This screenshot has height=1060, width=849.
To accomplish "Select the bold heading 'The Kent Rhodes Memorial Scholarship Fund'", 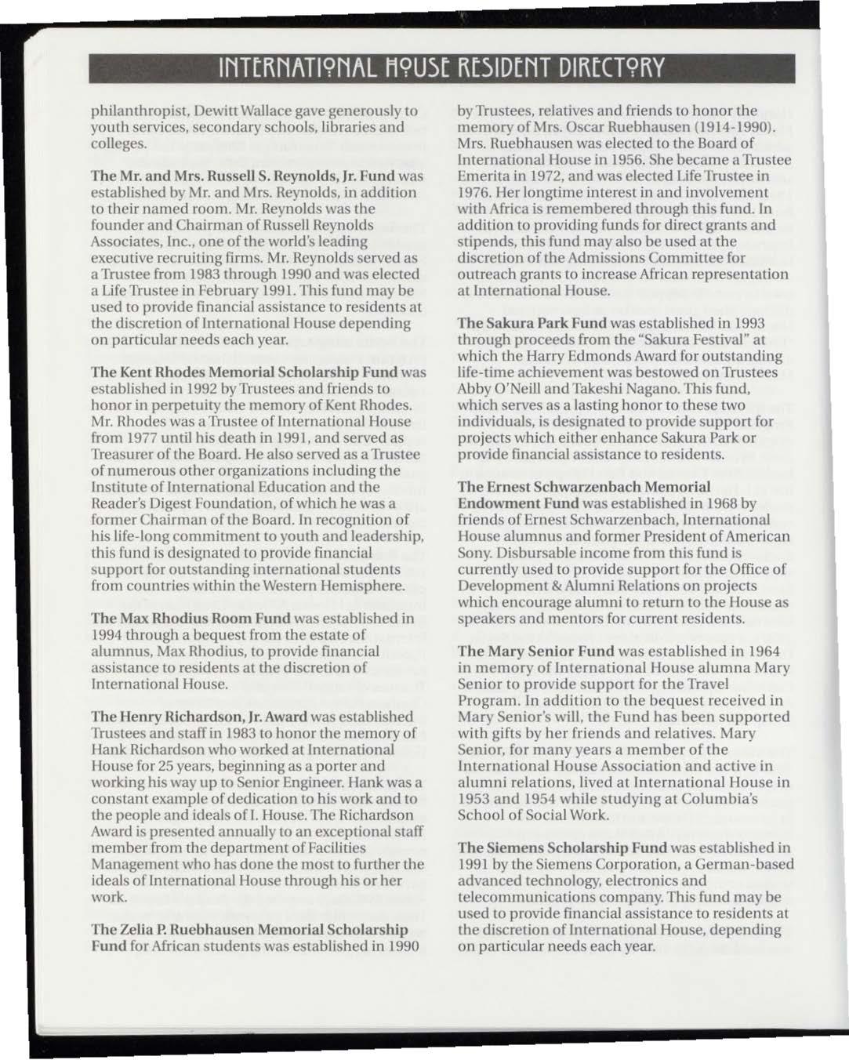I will pos(245,372).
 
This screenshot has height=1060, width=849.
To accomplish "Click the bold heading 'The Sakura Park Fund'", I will pos(532,323).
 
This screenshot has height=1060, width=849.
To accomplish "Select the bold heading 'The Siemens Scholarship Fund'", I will pos(562,848).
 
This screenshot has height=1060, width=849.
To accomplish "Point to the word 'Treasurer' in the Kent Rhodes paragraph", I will pos(123,454).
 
